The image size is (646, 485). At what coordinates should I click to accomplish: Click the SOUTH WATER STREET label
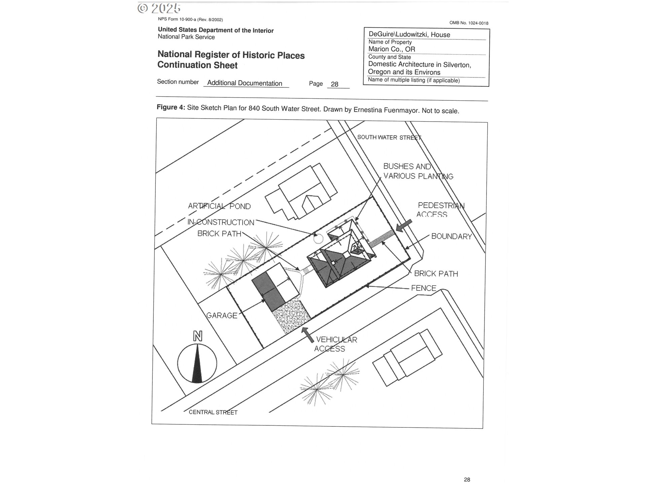pyautogui.click(x=389, y=137)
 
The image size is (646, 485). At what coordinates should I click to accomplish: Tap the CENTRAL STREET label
pyautogui.click(x=213, y=412)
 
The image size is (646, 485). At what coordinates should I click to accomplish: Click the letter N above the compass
pyautogui.click(x=198, y=336)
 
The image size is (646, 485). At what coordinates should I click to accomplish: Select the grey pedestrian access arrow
pyautogui.click(x=404, y=225)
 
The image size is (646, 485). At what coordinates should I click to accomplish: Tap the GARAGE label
pyautogui.click(x=222, y=316)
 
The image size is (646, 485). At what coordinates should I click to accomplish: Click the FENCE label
pyautogui.click(x=424, y=288)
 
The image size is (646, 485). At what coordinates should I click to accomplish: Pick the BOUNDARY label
pyautogui.click(x=452, y=236)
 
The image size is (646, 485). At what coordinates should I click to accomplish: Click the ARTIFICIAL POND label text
pyautogui.click(x=219, y=206)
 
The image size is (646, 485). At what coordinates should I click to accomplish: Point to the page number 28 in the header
pyautogui.click(x=334, y=84)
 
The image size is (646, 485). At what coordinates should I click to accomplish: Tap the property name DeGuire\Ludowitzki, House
pyautogui.click(x=409, y=34)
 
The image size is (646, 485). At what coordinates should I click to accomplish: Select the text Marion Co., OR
pyautogui.click(x=392, y=49)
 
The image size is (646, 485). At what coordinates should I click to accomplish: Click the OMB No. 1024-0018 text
pyautogui.click(x=469, y=23)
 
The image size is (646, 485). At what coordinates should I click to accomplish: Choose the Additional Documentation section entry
pyautogui.click(x=245, y=83)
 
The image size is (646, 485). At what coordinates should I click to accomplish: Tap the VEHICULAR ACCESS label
pyautogui.click(x=335, y=344)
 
